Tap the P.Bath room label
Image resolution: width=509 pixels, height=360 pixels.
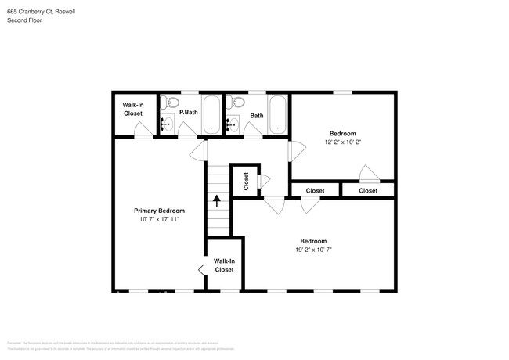click(188, 113)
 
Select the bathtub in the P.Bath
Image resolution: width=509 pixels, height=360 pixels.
click(211, 114)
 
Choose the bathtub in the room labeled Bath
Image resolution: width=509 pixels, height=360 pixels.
click(278, 114)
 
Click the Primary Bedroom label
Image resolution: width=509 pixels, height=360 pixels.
click(159, 211)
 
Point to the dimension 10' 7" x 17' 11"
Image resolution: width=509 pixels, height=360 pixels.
click(159, 220)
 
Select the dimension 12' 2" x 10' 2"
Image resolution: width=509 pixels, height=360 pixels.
click(343, 142)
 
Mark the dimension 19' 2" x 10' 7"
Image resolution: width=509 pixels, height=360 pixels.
click(313, 250)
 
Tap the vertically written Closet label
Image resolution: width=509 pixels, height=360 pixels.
click(245, 182)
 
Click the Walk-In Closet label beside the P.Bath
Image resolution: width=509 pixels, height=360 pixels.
click(132, 109)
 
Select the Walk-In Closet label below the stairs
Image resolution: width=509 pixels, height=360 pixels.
click(224, 265)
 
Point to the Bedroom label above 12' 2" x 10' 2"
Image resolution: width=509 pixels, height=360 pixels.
click(343, 133)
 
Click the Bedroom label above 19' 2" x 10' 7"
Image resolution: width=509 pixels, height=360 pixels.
click(313, 241)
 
